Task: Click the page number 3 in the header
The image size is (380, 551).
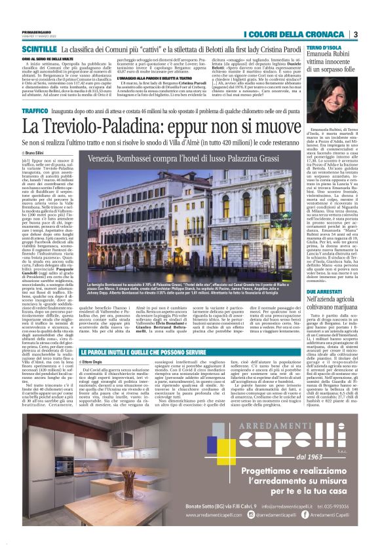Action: pyautogui.click(x=354, y=34)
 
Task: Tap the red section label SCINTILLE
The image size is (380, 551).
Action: pyautogui.click(x=39, y=49)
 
